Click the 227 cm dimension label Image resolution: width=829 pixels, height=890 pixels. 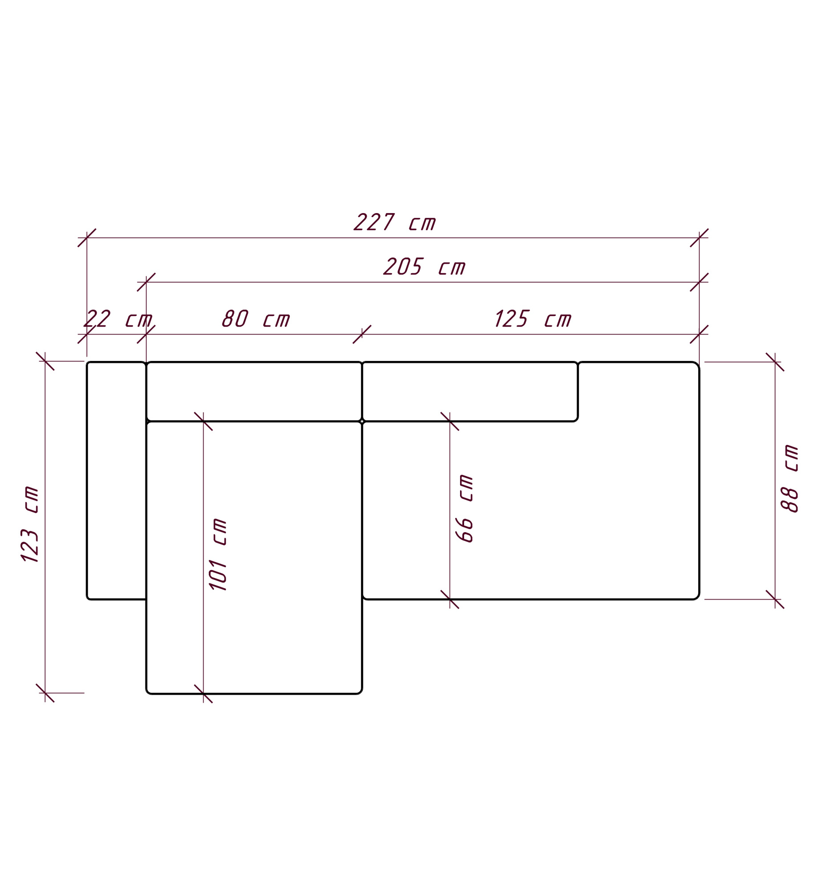(x=394, y=222)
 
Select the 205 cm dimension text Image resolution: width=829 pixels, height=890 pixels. (x=424, y=267)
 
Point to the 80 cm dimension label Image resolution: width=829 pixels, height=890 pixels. (x=255, y=318)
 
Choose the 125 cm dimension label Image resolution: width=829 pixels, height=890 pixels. (x=533, y=318)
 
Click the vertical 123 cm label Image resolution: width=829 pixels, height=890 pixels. (x=29, y=524)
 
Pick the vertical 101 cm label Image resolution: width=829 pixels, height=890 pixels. (x=218, y=554)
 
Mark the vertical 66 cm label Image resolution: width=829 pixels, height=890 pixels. (x=464, y=508)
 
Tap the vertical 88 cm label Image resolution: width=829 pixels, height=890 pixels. (x=789, y=478)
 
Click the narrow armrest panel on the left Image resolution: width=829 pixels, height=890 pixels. (x=117, y=480)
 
